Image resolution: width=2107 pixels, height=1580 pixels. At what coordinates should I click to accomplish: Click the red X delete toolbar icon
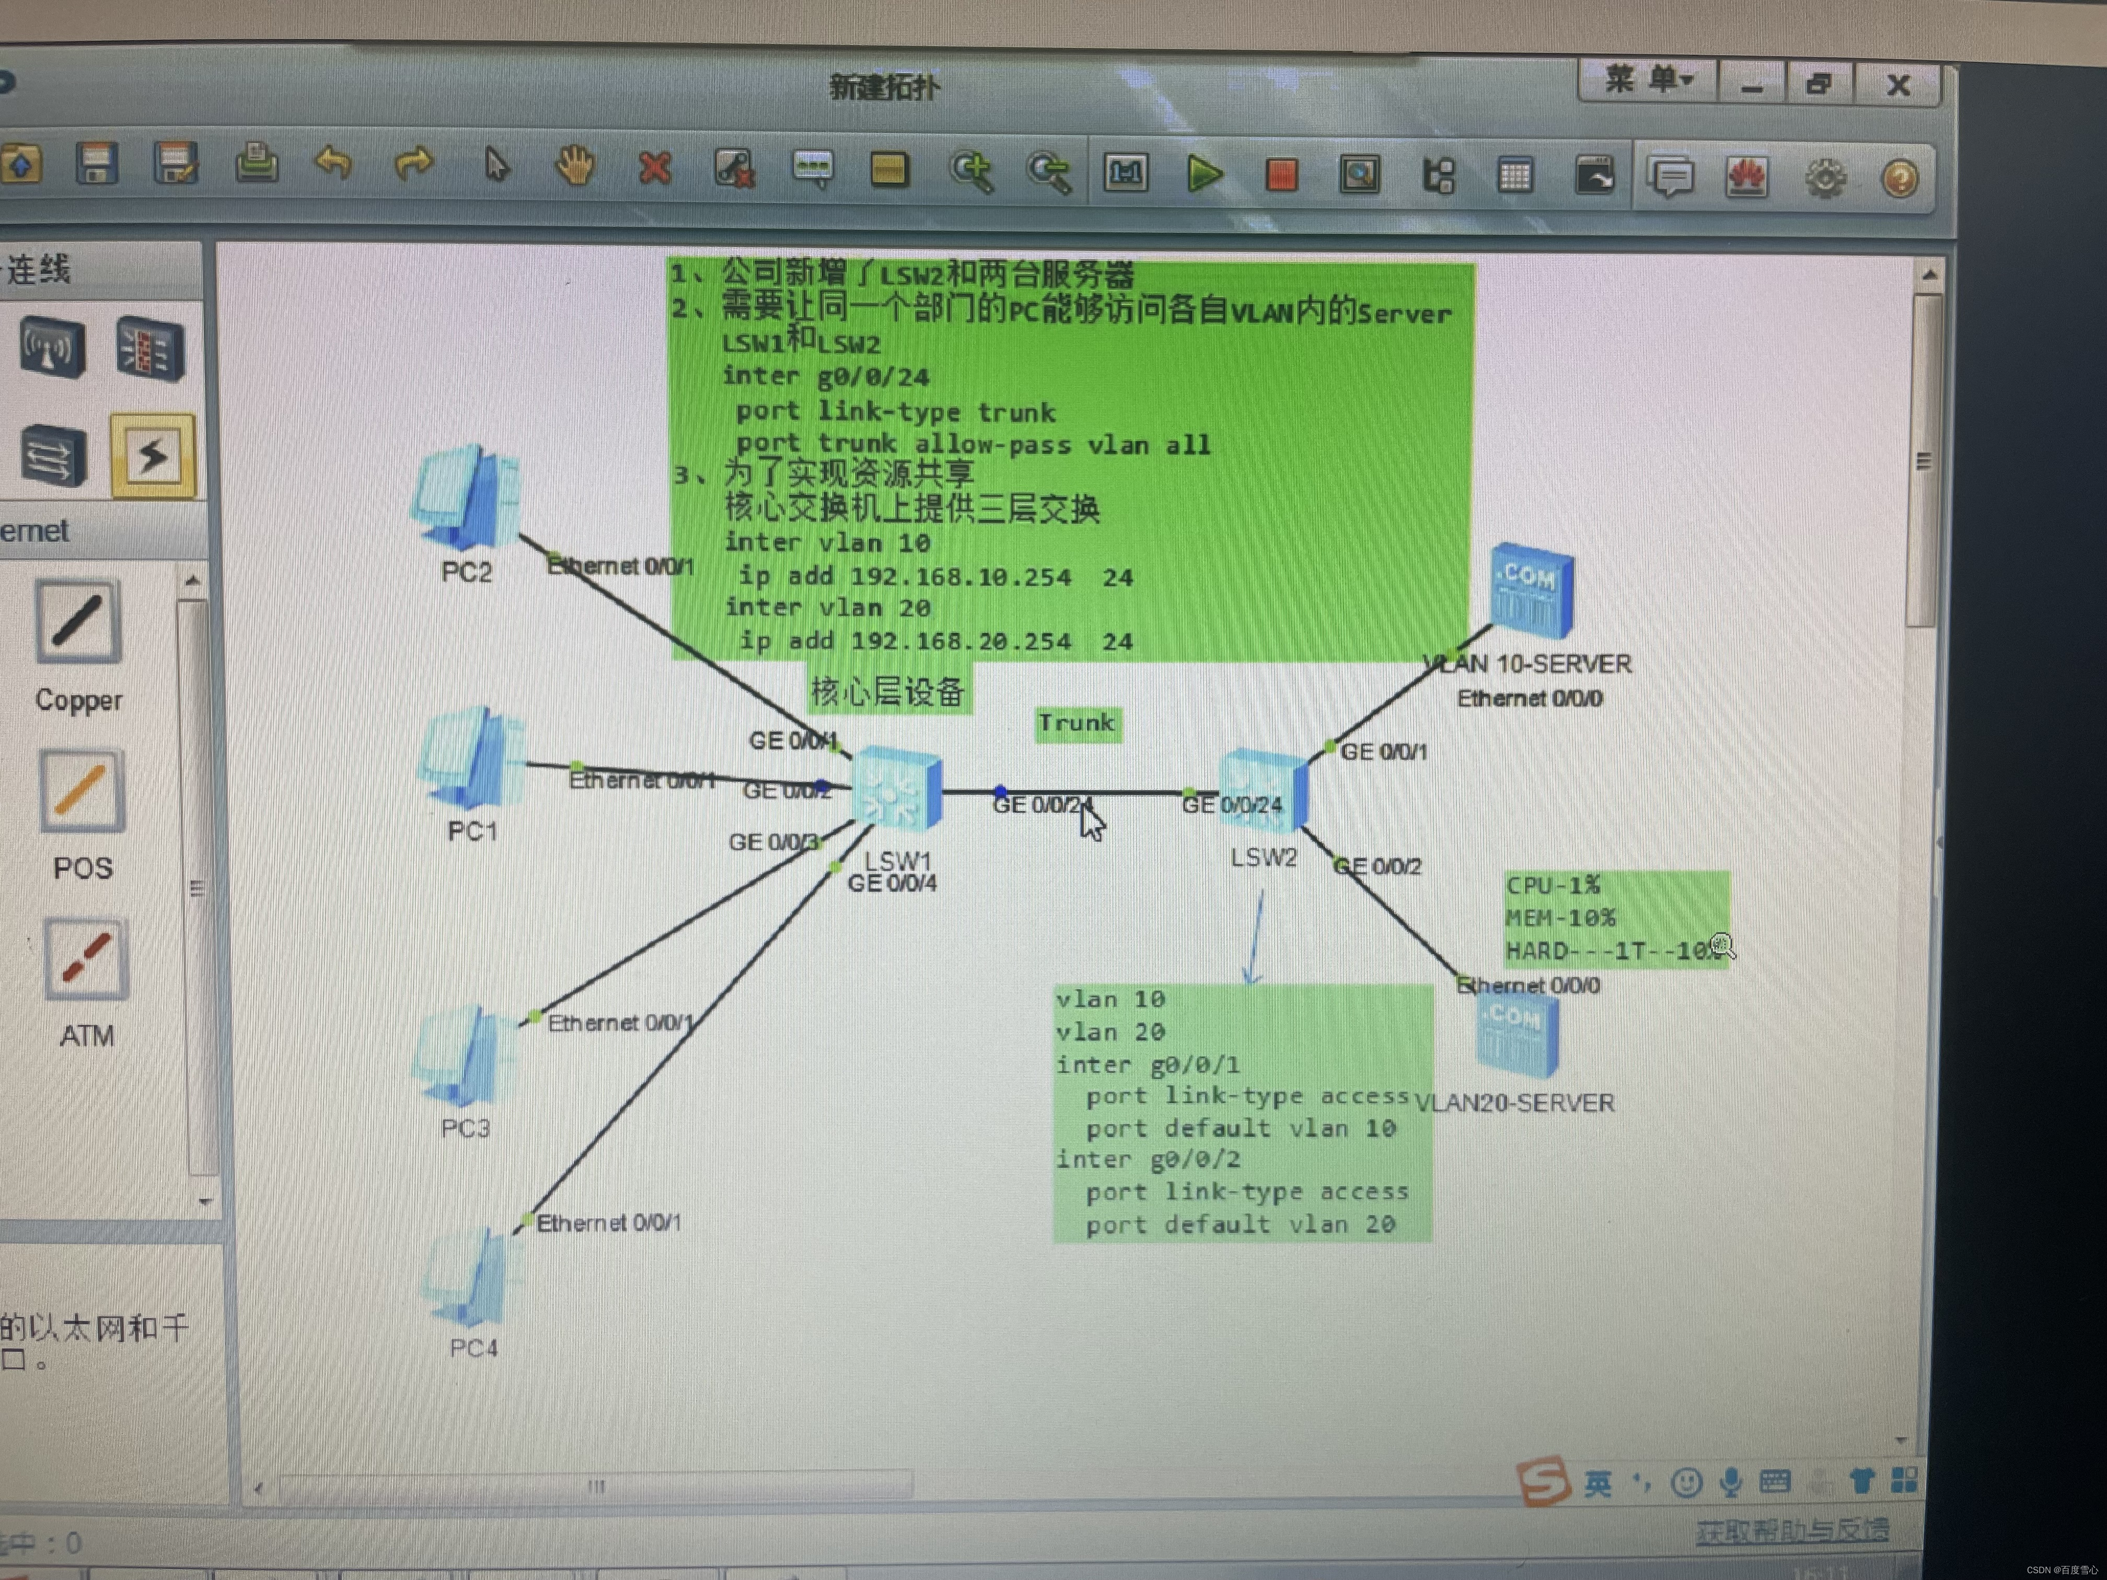654,169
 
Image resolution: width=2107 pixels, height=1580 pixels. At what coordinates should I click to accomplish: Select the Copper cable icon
78,622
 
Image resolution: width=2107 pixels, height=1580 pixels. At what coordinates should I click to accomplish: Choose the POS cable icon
81,791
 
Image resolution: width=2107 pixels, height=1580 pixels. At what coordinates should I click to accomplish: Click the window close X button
1897,86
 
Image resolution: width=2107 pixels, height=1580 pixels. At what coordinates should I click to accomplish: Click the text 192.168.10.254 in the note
960,577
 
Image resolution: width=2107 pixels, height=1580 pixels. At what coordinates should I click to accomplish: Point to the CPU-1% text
1553,886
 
